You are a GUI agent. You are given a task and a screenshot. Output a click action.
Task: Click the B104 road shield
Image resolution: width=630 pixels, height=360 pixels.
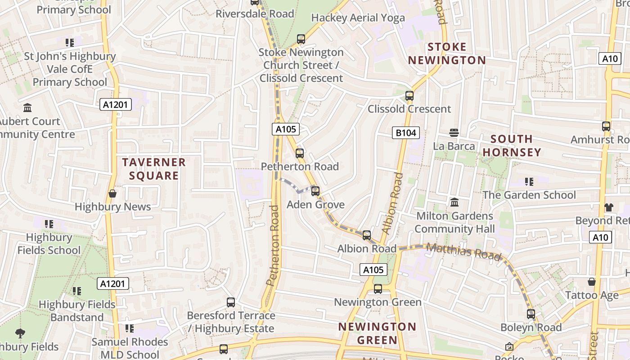click(x=406, y=133)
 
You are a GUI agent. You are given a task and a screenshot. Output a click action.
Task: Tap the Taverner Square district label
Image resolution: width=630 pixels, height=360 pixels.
click(x=154, y=169)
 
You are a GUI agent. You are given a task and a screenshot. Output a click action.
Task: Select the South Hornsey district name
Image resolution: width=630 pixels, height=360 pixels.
click(x=512, y=145)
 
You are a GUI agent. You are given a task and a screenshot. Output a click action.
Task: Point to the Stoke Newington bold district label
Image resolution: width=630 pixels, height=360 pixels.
click(x=447, y=54)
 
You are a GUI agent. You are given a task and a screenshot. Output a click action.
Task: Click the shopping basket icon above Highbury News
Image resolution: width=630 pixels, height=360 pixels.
click(x=112, y=193)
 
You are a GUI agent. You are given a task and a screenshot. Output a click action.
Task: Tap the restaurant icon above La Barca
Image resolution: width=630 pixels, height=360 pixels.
click(x=454, y=133)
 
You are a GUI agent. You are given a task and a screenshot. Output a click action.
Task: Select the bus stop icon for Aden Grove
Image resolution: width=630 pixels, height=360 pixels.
click(x=315, y=191)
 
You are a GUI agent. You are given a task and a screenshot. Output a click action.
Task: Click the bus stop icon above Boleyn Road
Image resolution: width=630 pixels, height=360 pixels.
click(x=531, y=314)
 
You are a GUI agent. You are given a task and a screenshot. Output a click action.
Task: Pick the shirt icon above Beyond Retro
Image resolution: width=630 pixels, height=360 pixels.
click(x=608, y=207)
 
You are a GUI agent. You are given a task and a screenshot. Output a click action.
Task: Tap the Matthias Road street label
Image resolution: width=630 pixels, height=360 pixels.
click(x=463, y=252)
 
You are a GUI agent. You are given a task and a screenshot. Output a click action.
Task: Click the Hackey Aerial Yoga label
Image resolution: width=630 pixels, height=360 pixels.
click(x=358, y=18)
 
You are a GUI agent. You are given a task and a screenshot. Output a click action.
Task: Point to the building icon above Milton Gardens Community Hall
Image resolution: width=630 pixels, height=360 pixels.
click(x=454, y=202)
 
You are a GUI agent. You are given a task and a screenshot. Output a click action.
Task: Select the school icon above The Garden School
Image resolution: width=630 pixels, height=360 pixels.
click(x=529, y=182)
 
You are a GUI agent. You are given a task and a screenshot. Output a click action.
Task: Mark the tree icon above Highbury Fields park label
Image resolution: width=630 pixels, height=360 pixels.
click(x=20, y=333)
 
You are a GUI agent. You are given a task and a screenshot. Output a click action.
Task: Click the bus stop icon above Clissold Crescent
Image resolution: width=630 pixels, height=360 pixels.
click(x=409, y=96)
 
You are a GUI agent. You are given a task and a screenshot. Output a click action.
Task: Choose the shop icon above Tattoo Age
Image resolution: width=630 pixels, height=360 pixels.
click(x=592, y=282)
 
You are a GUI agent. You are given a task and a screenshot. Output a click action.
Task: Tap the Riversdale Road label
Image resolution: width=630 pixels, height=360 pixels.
click(x=255, y=14)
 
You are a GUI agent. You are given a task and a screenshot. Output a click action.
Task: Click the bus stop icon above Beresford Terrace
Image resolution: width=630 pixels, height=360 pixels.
click(x=231, y=302)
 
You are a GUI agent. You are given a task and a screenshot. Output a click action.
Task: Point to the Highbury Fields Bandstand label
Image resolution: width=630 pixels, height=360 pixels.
click(x=77, y=311)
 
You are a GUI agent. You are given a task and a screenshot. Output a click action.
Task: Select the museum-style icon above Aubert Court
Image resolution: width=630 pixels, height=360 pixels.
click(x=27, y=108)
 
